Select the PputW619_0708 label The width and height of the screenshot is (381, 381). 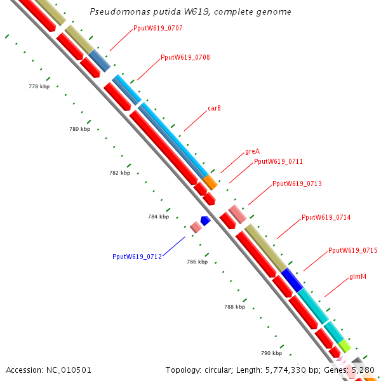coord(185,57)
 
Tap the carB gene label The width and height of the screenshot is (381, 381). coord(215,108)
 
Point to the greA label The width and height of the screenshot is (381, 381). coord(252,152)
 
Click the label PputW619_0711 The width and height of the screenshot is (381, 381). coord(278,161)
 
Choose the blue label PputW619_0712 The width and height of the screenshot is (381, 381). coord(137,257)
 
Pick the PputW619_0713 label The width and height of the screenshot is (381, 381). coord(297,184)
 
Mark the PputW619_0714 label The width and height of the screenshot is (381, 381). coord(326,217)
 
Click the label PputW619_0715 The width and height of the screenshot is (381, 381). coord(352,250)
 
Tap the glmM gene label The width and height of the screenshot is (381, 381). coord(358,277)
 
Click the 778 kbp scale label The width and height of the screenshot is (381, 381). coord(39,86)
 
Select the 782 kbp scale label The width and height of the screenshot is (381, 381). coord(119,173)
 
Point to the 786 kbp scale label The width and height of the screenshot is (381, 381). coord(197,262)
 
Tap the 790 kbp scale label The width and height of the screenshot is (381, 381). coord(271,353)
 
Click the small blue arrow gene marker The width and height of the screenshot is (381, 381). coord(205,220)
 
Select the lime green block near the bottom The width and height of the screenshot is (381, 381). coord(344,346)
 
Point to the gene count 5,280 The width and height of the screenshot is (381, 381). coord(363,370)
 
